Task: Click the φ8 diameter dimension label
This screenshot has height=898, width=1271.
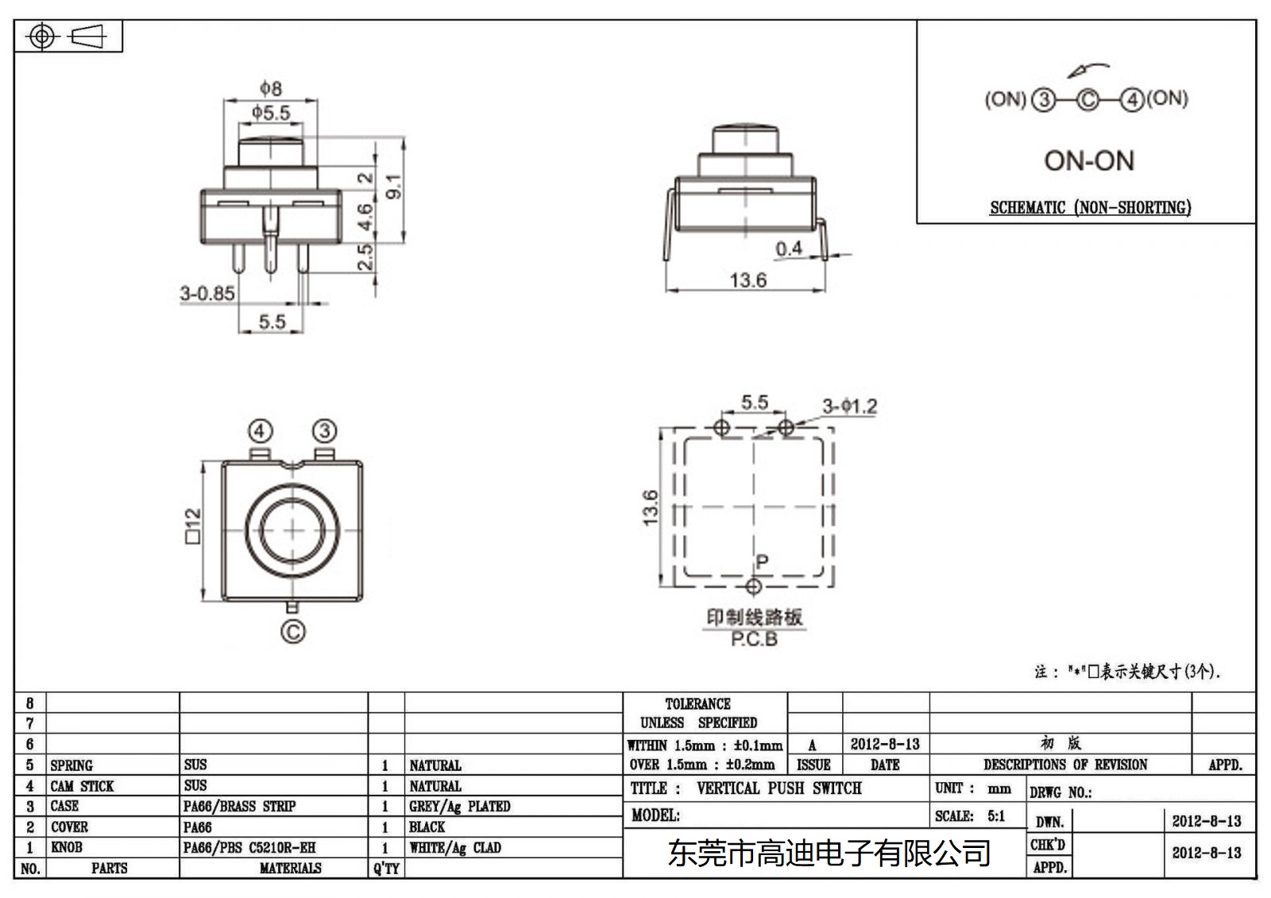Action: point(270,88)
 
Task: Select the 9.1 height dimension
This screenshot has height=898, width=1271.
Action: point(393,187)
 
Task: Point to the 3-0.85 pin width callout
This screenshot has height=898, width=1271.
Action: point(207,294)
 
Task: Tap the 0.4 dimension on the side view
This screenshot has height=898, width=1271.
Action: point(788,249)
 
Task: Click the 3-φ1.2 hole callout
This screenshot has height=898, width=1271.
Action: point(849,407)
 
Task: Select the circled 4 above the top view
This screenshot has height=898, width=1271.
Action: point(261,431)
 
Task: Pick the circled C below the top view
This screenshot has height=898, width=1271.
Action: point(292,632)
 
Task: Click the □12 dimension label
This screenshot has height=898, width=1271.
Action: point(193,526)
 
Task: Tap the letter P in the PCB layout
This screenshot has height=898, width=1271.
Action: point(762,562)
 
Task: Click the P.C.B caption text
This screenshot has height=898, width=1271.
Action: point(754,639)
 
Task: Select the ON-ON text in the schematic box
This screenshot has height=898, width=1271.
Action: point(1088,161)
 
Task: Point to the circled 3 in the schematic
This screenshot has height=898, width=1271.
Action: point(1043,100)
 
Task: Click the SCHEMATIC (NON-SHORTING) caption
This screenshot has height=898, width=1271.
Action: point(1090,208)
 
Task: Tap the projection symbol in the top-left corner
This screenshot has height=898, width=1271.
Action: point(68,37)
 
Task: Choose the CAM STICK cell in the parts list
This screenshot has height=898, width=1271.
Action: point(82,786)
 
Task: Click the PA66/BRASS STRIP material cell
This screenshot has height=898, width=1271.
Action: point(239,806)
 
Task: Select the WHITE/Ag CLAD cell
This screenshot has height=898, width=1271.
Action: point(455,847)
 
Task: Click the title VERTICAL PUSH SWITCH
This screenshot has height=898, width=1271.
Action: point(778,788)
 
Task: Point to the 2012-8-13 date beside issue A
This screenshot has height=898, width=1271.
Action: point(884,744)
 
